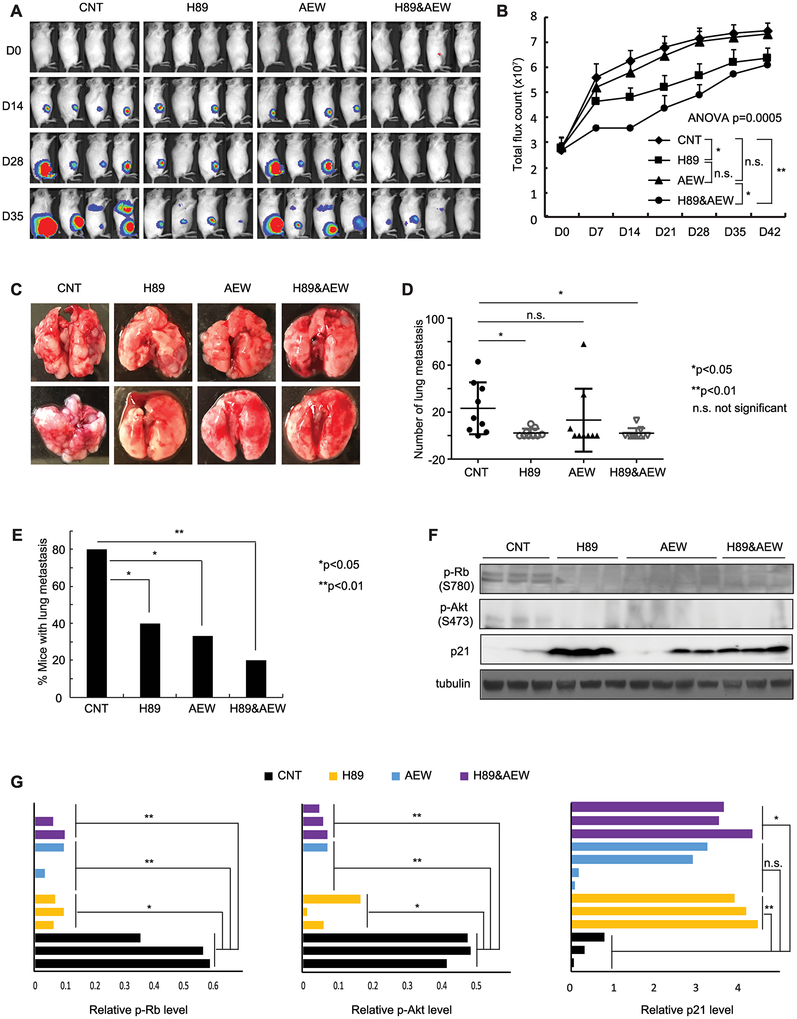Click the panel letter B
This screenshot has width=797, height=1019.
pos(502,11)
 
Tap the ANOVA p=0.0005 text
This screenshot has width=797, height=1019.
pos(734,118)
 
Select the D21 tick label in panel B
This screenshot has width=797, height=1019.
pos(665,232)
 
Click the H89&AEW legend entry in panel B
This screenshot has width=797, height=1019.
pos(705,200)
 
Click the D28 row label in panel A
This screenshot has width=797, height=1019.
pos(13,161)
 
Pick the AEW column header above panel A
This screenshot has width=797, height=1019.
pos(312,8)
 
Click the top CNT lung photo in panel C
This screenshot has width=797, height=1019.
pos(70,342)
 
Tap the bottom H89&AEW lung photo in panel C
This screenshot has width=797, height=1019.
pos(320,425)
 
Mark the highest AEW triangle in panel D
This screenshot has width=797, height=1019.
pos(583,344)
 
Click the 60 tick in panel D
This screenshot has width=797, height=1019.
pos(438,365)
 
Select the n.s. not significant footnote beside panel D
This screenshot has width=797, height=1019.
pos(739,408)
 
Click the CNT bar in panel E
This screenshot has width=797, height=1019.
pos(96,623)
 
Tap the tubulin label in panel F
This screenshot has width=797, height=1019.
pos(453,683)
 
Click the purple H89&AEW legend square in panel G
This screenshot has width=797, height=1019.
pos(464,776)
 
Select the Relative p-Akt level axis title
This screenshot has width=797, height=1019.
pos(401,1010)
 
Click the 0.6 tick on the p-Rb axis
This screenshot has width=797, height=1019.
pos(213,986)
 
